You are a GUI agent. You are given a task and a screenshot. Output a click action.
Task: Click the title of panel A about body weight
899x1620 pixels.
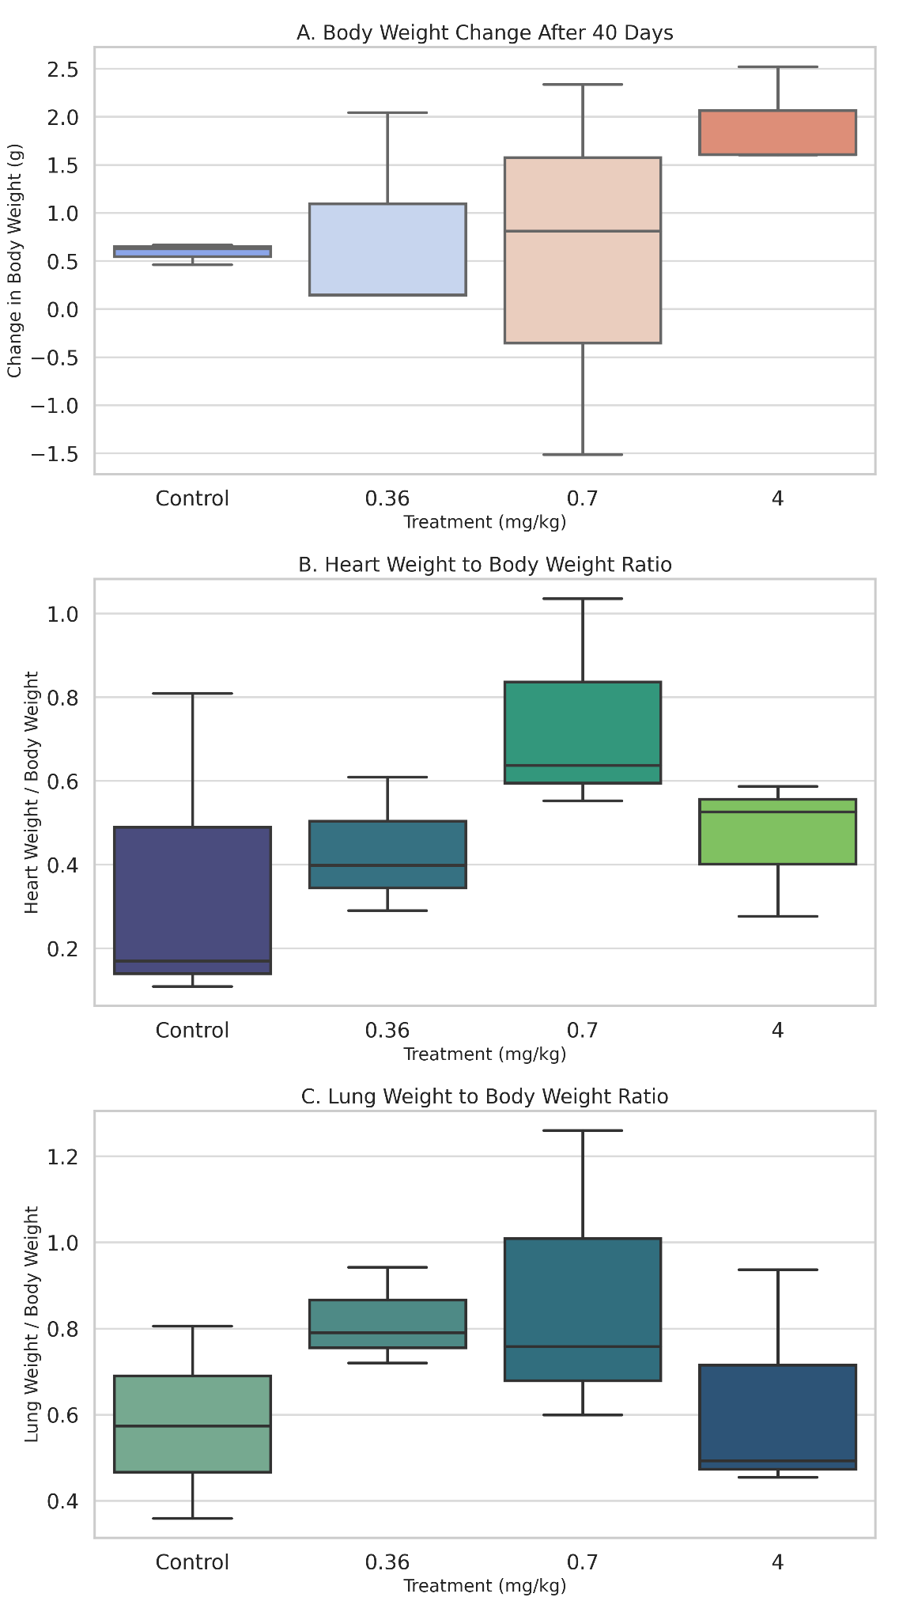tap(484, 32)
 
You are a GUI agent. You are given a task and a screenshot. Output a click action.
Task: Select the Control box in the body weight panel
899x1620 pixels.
tap(192, 252)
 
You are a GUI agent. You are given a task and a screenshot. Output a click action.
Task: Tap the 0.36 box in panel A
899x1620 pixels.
tap(387, 249)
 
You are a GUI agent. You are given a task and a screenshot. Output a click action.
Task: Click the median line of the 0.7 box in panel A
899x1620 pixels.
tap(583, 231)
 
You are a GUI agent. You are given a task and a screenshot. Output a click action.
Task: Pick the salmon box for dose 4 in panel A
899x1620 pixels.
tap(778, 133)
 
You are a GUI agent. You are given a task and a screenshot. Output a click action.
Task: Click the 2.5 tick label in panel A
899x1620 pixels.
tap(62, 70)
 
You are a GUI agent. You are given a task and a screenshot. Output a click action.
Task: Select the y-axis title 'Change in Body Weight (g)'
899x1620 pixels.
tap(14, 260)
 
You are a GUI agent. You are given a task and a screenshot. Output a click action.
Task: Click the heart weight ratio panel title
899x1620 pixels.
tap(484, 565)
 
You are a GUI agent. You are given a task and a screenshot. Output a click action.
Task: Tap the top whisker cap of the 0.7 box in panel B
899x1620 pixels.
tap(583, 599)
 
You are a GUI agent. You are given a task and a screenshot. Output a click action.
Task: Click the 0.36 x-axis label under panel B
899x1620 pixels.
tap(387, 1030)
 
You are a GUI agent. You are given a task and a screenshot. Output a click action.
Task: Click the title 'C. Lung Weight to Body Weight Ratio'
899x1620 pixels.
tap(484, 1096)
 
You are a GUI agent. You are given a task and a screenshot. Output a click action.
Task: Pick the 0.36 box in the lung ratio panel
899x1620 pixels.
tap(387, 1323)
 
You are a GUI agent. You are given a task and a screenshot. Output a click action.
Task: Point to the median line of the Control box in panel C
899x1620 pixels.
tap(192, 1425)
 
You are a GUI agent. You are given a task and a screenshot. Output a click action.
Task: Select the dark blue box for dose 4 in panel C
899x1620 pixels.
tap(778, 1416)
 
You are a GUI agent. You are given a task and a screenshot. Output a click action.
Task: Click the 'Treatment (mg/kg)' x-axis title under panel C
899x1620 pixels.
tap(484, 1585)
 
